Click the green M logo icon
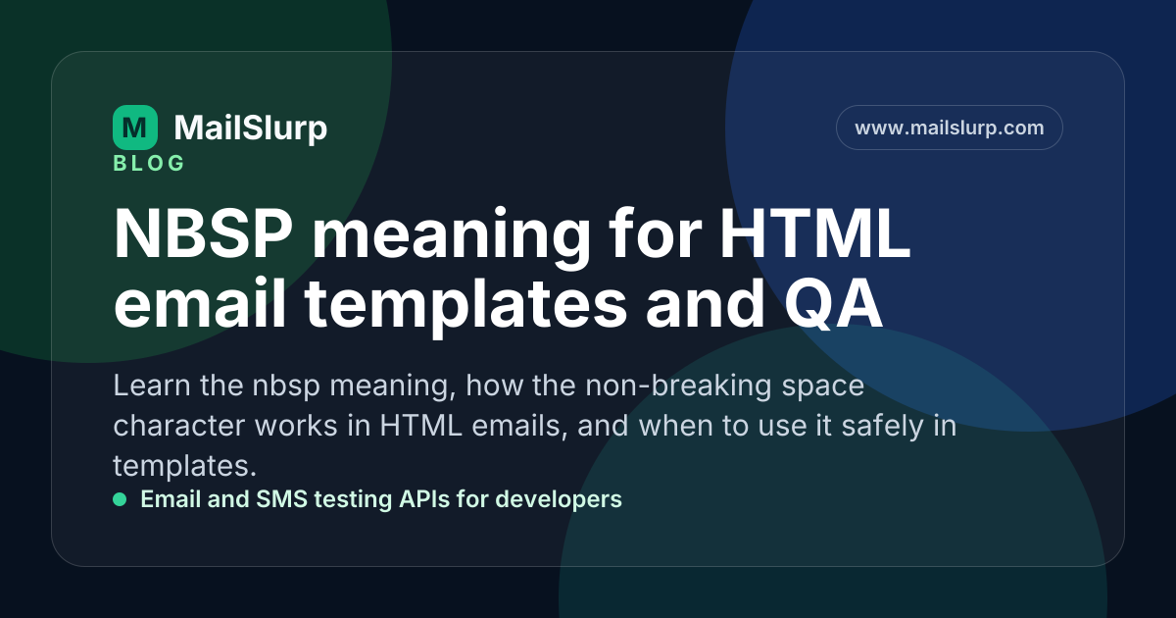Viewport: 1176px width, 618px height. (x=135, y=128)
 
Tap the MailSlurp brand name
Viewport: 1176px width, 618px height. (x=251, y=128)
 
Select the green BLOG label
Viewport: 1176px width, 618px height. (x=149, y=163)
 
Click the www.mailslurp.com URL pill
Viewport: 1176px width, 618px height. (x=950, y=128)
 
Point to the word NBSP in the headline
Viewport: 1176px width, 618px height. (x=203, y=233)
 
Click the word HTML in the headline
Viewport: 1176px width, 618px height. (x=814, y=233)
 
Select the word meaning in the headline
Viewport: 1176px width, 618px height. (x=452, y=237)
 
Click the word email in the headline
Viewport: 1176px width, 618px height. (x=200, y=304)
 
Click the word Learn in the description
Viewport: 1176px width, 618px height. (x=152, y=386)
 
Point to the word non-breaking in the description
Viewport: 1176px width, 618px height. (x=678, y=386)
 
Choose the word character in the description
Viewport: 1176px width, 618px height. (x=179, y=426)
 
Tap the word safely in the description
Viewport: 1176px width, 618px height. (x=883, y=426)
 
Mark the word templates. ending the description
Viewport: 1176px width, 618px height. (x=185, y=466)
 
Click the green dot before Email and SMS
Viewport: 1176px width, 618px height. (x=120, y=499)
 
